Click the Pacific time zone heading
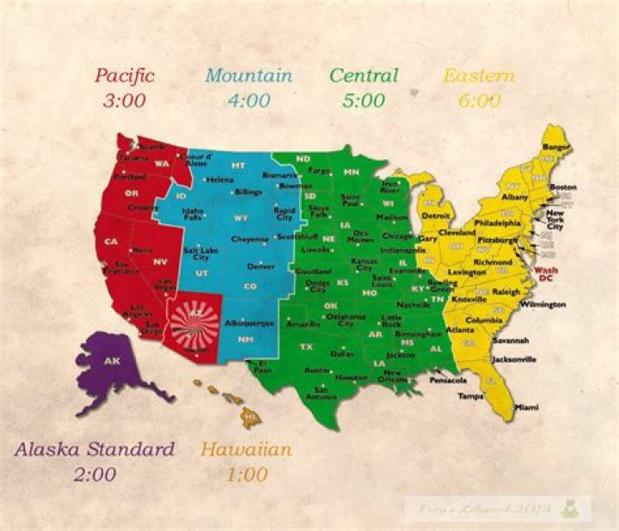125,76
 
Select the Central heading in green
365,76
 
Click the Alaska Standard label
95,449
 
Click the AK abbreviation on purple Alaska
112,361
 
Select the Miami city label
527,406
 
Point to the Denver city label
260,266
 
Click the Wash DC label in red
546,273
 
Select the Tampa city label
469,397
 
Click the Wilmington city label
542,304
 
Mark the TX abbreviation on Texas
306,347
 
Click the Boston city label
562,186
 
